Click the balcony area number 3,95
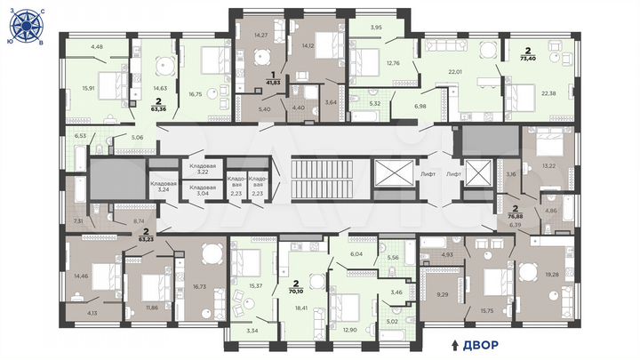point(377,28)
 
